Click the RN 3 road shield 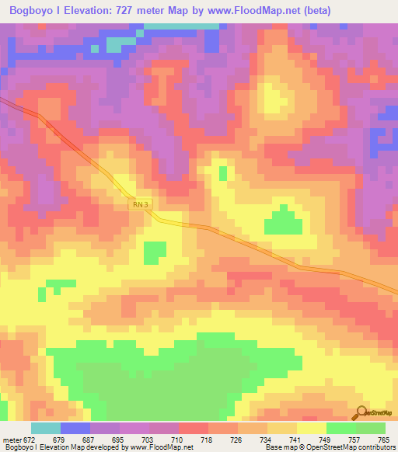tap(139, 203)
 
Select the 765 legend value tap(382, 440)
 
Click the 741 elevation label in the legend tap(294, 440)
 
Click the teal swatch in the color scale tap(45, 428)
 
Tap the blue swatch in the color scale tap(75, 428)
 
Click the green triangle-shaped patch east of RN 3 tap(283, 221)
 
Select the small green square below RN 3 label tap(155, 252)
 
